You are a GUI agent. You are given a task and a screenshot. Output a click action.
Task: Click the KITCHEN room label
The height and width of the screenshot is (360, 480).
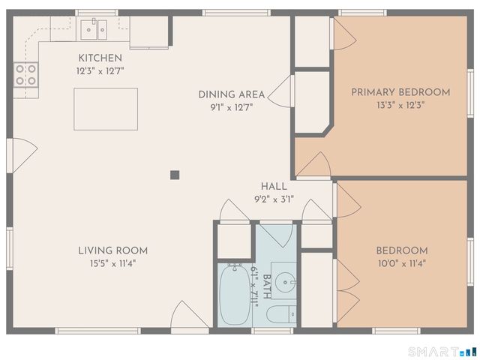(100, 58)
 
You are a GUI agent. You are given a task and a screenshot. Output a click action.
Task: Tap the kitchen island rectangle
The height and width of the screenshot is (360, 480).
(106, 109)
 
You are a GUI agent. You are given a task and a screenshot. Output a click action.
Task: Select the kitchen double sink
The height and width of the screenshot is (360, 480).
(94, 30)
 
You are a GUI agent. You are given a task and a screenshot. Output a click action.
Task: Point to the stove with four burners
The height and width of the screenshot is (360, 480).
(25, 73)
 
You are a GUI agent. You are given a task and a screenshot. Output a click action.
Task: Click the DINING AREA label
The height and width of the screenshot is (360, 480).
(231, 94)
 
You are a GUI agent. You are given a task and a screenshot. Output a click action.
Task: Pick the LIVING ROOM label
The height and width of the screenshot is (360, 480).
(112, 250)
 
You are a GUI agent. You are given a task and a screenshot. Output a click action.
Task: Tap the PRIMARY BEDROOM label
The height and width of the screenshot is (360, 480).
(400, 92)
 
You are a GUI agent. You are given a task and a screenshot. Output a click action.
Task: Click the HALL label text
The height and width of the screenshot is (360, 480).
(274, 186)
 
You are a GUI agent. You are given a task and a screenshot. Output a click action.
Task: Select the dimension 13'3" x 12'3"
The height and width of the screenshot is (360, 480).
(400, 106)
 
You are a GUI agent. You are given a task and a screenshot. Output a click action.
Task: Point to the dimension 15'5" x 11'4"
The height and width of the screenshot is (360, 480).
(112, 263)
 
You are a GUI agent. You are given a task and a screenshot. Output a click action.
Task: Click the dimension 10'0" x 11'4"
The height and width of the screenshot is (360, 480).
(401, 263)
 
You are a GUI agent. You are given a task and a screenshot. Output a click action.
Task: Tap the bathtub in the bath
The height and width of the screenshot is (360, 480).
(233, 293)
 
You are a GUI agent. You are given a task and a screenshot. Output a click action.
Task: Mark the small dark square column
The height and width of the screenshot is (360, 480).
(175, 175)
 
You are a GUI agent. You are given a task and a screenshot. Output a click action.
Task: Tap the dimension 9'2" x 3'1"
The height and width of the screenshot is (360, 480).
(274, 199)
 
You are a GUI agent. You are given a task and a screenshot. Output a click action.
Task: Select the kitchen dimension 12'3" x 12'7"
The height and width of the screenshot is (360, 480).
(100, 70)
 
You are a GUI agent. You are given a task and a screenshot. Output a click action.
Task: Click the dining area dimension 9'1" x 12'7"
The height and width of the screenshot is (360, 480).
(231, 106)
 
